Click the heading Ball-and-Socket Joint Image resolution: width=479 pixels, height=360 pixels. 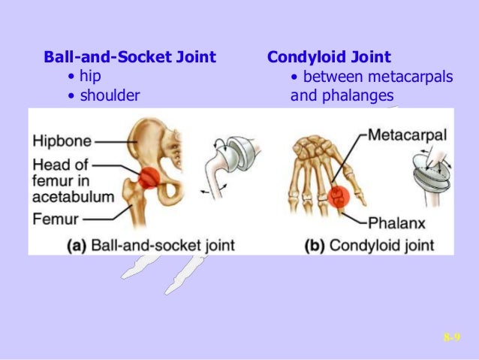130,57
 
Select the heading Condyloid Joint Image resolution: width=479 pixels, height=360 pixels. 329,57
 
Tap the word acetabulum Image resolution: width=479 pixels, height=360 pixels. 73,198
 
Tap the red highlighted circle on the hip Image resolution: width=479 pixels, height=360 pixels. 148,179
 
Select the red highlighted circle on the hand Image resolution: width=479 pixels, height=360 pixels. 339,197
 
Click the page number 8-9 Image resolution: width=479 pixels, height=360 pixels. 451,339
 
